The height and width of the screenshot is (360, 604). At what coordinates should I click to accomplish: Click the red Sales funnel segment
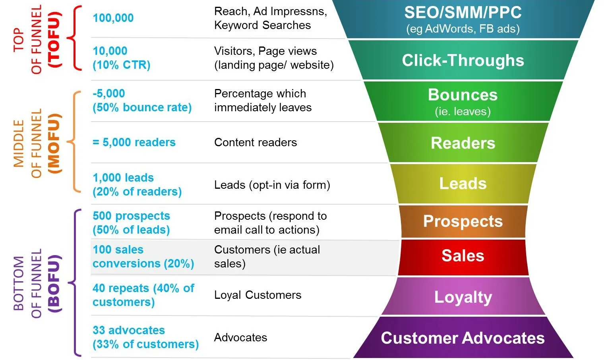point(463,256)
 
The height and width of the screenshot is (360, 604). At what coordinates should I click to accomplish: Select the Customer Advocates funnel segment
point(463,338)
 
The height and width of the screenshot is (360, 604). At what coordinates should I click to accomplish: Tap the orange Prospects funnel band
point(463,221)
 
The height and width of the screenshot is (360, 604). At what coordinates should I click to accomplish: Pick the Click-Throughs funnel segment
point(463,60)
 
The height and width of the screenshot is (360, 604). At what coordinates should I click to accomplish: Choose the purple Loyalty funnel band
point(463,297)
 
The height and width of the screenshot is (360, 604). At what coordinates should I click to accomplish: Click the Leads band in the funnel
point(463,184)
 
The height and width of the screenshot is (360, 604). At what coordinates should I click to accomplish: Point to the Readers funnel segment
point(463,143)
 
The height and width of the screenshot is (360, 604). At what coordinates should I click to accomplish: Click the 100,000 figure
point(113,18)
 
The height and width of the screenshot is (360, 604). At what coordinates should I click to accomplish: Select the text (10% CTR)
point(122,65)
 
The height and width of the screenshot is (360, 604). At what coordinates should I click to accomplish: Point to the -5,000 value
point(109,93)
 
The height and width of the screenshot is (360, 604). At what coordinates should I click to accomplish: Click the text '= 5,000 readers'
point(134,142)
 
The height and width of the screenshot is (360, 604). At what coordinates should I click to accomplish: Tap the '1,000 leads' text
point(123,178)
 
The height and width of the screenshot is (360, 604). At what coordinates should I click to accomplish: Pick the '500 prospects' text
point(131,216)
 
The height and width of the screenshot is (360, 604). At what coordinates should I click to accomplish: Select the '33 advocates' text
point(129,330)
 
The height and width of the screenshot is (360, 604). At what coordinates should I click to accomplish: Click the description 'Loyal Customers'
point(257,295)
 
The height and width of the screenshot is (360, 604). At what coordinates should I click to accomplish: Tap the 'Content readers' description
point(256,142)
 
